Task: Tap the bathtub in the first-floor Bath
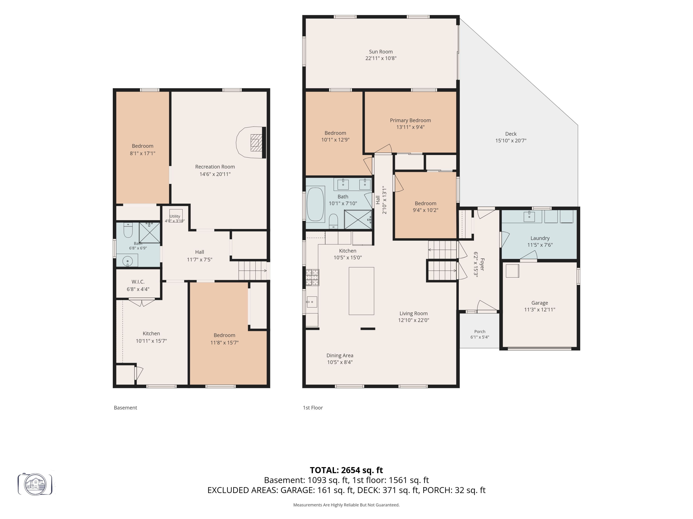tap(315, 204)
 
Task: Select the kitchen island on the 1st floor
tap(361, 291)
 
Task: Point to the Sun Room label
tap(381, 52)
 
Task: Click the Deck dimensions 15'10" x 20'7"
tap(511, 140)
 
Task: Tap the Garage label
tap(539, 303)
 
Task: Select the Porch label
tap(480, 331)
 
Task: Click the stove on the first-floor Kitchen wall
tap(312, 278)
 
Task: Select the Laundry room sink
tap(529, 216)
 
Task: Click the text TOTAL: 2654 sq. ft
tap(346, 470)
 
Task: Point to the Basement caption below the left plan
tap(125, 408)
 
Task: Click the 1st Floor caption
tap(313, 408)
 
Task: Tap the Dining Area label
tap(340, 355)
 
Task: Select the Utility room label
tap(175, 216)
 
